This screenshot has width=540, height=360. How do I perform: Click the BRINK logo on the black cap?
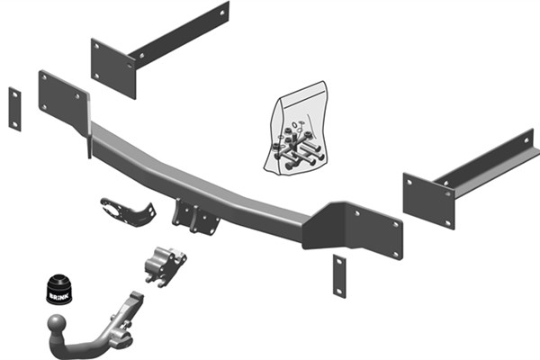pyautogui.click(x=59, y=296)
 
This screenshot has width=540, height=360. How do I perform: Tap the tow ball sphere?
pyautogui.click(x=57, y=323)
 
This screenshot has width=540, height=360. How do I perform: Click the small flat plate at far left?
pyautogui.click(x=14, y=109)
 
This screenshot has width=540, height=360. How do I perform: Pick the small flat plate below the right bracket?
pyautogui.click(x=339, y=276)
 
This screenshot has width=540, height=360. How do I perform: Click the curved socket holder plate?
pyautogui.click(x=128, y=212)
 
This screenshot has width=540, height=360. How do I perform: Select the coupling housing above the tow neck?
pyautogui.click(x=166, y=266)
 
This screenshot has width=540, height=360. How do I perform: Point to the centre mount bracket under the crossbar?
pyautogui.click(x=195, y=217)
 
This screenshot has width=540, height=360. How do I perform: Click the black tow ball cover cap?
pyautogui.click(x=59, y=290)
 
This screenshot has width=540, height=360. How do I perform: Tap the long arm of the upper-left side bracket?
pyautogui.click(x=179, y=34)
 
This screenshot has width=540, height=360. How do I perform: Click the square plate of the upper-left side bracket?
pyautogui.click(x=113, y=68)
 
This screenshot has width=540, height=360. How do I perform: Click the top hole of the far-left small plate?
pyautogui.click(x=14, y=94)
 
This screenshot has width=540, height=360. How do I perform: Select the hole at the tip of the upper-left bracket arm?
pyautogui.click(x=222, y=13)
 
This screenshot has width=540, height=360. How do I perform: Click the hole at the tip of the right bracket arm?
pyautogui.click(x=526, y=140)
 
